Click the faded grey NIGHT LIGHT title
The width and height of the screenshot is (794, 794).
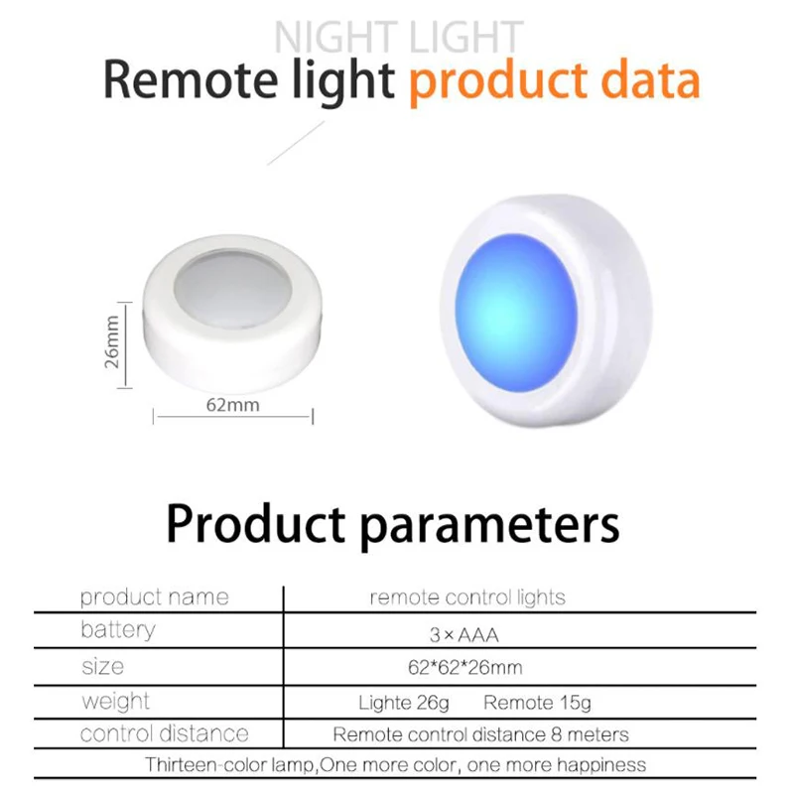pyautogui.click(x=398, y=37)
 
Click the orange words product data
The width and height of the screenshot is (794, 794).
pyautogui.click(x=555, y=81)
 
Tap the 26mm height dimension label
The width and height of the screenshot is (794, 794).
pyautogui.click(x=112, y=341)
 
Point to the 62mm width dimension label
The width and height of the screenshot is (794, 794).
pyautogui.click(x=232, y=405)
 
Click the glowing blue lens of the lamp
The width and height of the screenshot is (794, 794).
pyautogui.click(x=515, y=313)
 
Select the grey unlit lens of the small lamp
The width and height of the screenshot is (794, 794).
pyautogui.click(x=233, y=288)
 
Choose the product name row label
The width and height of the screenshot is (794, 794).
pyautogui.click(x=155, y=597)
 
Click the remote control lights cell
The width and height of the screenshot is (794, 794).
pyautogui.click(x=466, y=597)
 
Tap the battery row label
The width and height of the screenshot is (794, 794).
pyautogui.click(x=118, y=630)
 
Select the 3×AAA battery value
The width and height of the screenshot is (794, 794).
pyautogui.click(x=463, y=634)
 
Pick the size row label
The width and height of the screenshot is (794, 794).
pyautogui.click(x=103, y=666)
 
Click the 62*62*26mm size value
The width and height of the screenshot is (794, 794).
pyautogui.click(x=464, y=667)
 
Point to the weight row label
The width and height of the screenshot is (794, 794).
pyautogui.click(x=115, y=702)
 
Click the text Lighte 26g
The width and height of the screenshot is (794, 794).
pyautogui.click(x=404, y=703)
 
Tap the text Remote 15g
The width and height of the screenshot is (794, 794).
pyautogui.click(x=537, y=703)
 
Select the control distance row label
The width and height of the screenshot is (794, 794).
pyautogui.click(x=165, y=733)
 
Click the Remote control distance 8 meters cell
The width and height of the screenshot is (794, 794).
pyautogui.click(x=480, y=734)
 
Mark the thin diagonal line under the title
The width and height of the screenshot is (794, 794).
pyautogui.click(x=296, y=143)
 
